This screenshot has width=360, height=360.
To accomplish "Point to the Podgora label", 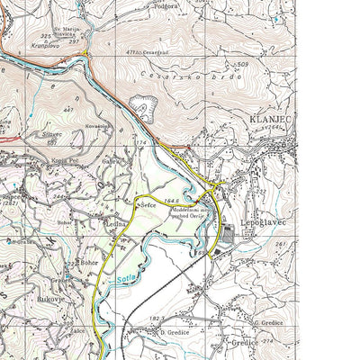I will pyautogui.click(x=167, y=5).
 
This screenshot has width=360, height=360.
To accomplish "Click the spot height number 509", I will pyautogui.click(x=240, y=66).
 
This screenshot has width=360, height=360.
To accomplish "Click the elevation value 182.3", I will pyautogui.click(x=155, y=319).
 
